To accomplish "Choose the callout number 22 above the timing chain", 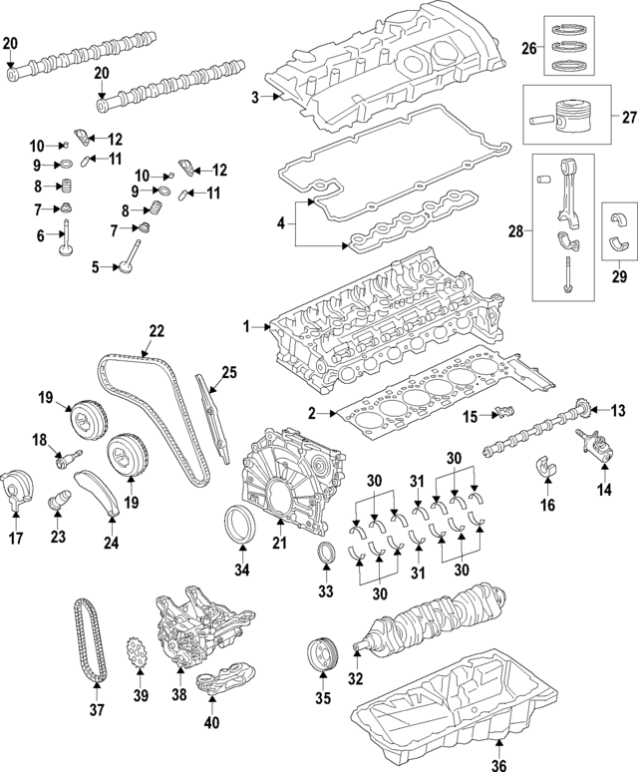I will [156, 331].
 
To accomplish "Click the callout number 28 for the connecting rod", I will [515, 231].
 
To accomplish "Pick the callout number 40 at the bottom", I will [210, 724].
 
